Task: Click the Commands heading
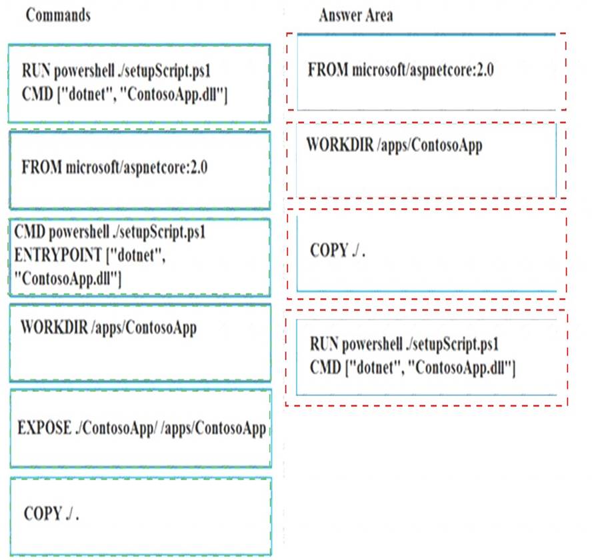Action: [58, 15]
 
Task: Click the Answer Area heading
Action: [356, 15]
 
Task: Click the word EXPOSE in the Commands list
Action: [45, 427]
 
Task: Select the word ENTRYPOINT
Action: [58, 255]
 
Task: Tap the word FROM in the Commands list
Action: [42, 167]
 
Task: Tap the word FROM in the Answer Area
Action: [328, 69]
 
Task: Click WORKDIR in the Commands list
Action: [55, 327]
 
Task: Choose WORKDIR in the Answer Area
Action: [340, 145]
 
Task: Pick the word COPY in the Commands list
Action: [43, 514]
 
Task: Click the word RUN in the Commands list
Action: [36, 71]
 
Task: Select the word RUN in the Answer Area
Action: [324, 344]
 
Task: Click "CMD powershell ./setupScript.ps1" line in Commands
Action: [110, 232]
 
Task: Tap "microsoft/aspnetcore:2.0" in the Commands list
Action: [137, 167]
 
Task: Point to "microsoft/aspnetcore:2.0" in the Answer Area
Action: [423, 70]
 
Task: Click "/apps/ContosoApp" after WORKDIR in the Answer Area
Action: [430, 145]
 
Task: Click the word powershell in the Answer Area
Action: [372, 345]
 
